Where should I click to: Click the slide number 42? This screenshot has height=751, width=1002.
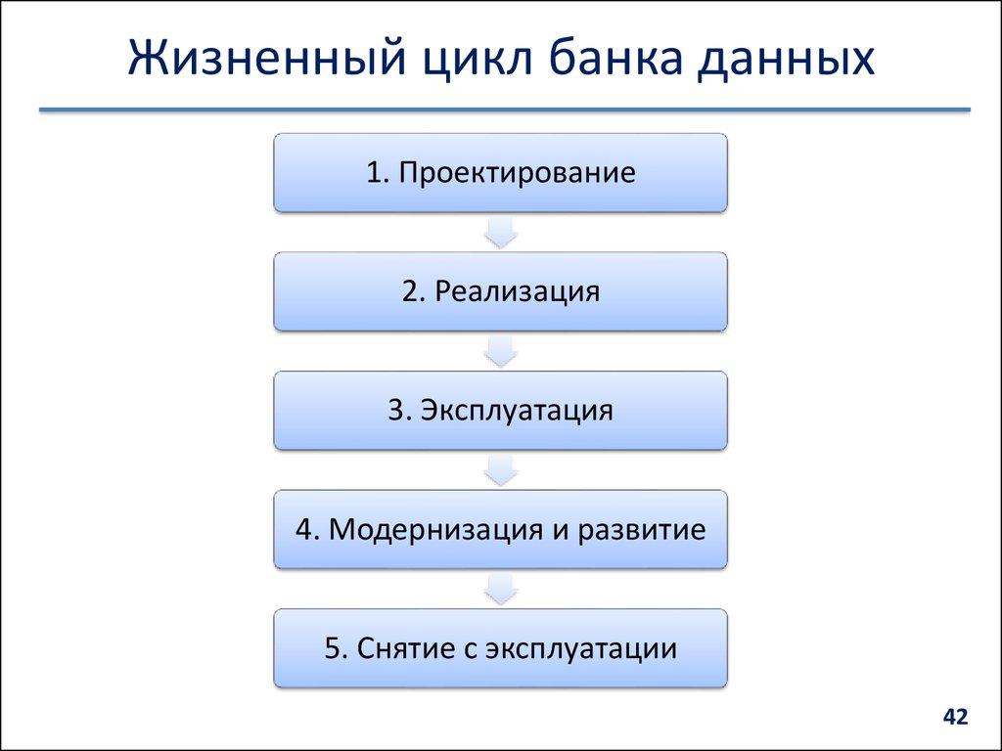954,718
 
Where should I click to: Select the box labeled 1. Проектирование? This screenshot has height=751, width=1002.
500,173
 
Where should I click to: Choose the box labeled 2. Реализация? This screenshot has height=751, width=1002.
500,291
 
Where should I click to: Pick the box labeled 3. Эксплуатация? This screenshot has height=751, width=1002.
500,410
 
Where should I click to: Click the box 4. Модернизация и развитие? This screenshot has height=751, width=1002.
500,529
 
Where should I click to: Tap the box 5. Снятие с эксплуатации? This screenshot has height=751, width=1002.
500,647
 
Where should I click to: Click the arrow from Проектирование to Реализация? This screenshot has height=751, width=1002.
501,233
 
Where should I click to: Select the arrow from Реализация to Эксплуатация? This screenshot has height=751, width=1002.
501,351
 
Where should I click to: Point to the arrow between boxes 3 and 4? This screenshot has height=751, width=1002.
501,470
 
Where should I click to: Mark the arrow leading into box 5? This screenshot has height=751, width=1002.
501,589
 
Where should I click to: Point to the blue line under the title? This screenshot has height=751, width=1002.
504,110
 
